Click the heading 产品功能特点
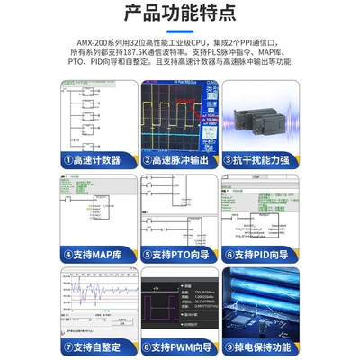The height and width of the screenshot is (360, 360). pyautogui.click(x=180, y=14)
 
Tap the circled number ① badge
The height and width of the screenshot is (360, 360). pyautogui.click(x=68, y=160)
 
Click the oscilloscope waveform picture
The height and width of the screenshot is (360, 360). pyautogui.click(x=180, y=114)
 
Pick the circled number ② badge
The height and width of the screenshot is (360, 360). pyautogui.click(x=147, y=160)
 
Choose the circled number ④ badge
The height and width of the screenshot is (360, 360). pyautogui.click(x=68, y=254)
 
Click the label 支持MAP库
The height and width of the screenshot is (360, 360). pyautogui.click(x=98, y=254)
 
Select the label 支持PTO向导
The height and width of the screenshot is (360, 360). pyautogui.click(x=185, y=254)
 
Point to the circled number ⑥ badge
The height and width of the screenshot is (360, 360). pyautogui.click(x=229, y=254)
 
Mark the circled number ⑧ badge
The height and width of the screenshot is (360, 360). pyautogui.click(x=147, y=346)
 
